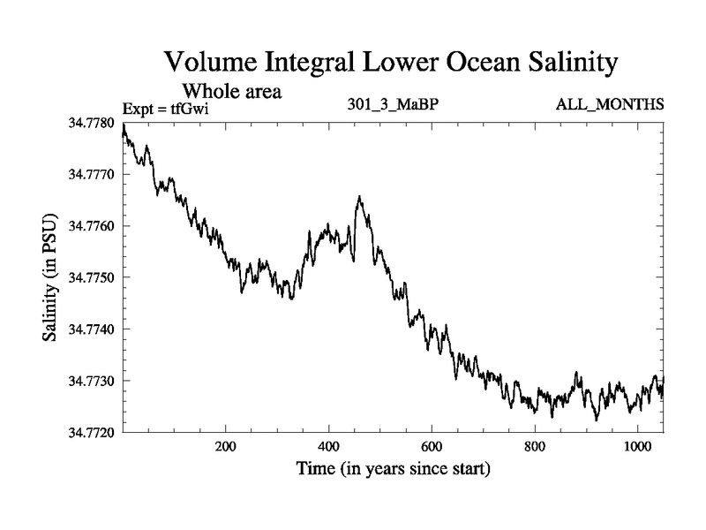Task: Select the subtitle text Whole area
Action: (x=231, y=91)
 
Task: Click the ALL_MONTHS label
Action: (x=609, y=105)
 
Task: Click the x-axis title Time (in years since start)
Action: (x=394, y=469)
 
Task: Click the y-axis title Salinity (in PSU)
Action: (x=50, y=278)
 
